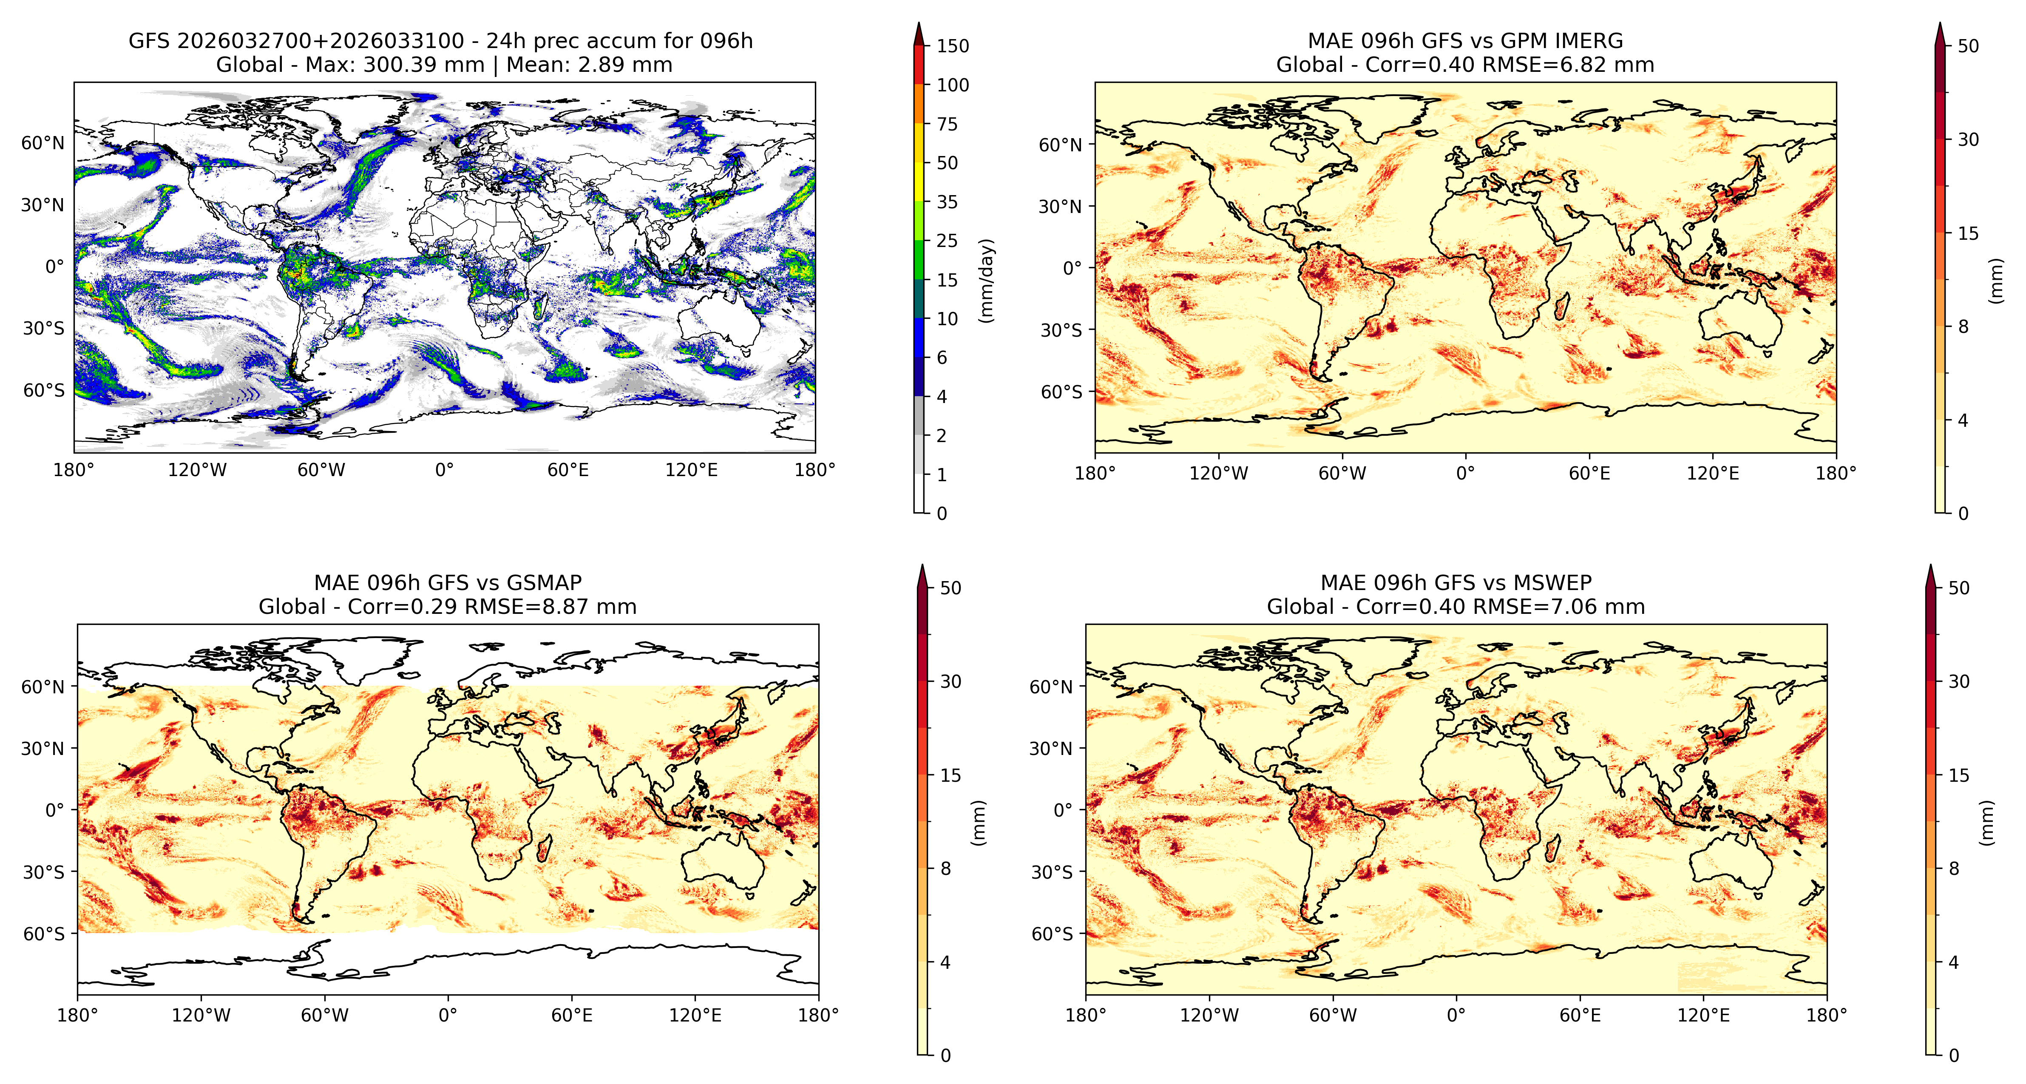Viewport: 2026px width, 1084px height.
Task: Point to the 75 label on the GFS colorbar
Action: pos(947,124)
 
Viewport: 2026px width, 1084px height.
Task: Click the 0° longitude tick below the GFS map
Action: pos(444,471)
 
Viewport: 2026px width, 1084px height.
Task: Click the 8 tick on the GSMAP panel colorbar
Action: pos(945,868)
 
